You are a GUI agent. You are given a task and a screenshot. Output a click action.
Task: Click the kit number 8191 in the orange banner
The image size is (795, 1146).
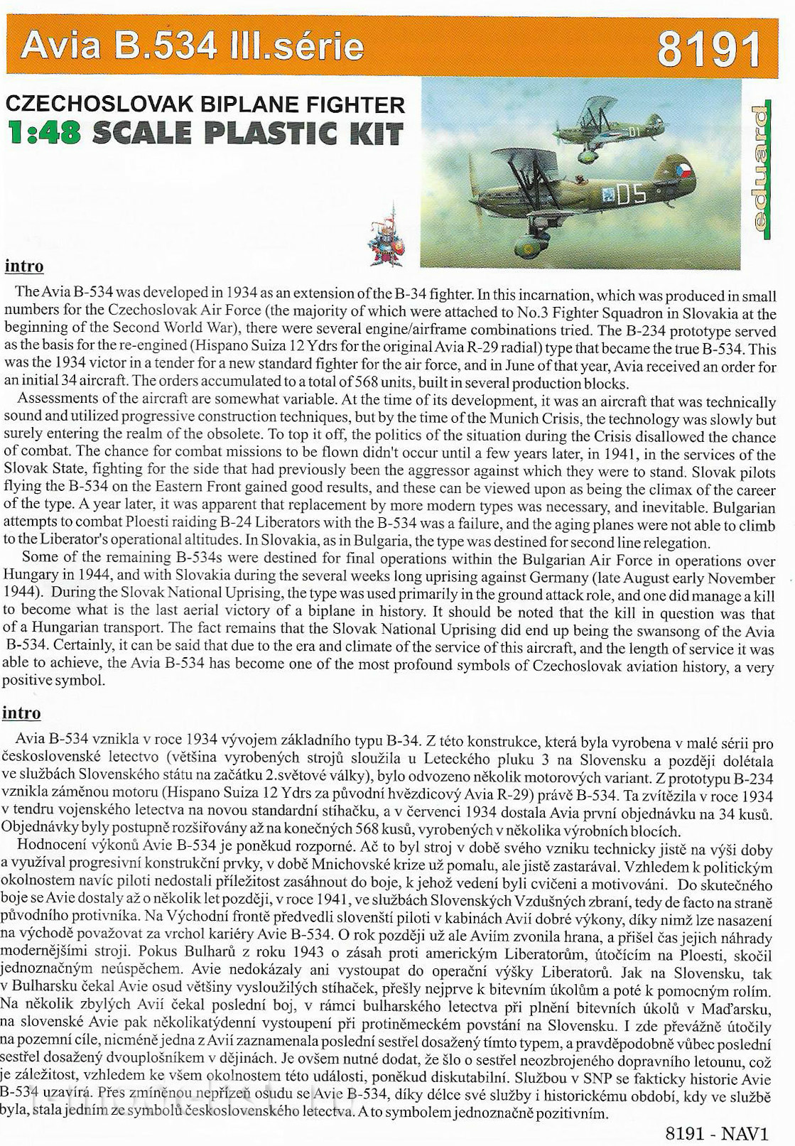tap(708, 49)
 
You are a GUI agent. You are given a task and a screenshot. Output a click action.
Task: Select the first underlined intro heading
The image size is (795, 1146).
tap(24, 266)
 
